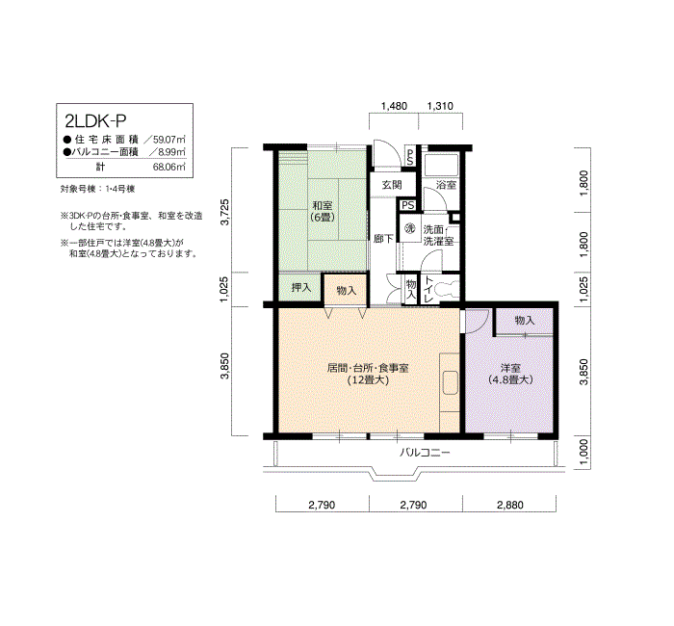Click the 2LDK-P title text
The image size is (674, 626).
pyautogui.click(x=95, y=121)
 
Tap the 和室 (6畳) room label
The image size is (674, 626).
pyautogui.click(x=323, y=212)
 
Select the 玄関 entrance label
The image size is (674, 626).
pyautogui.click(x=392, y=185)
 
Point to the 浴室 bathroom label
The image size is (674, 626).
pyautogui.click(x=446, y=185)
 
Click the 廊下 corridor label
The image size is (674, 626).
pyautogui.click(x=383, y=238)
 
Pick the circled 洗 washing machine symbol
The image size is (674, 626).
pyautogui.click(x=410, y=229)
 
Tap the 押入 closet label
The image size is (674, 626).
pyautogui.click(x=300, y=287)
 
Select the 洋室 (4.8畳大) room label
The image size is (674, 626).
pyautogui.click(x=510, y=374)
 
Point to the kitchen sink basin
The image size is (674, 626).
pyautogui.click(x=450, y=382)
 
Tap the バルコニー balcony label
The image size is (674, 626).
pyautogui.click(x=425, y=453)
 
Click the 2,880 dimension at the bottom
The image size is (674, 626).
pyautogui.click(x=510, y=505)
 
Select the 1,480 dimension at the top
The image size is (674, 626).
pyautogui.click(x=394, y=106)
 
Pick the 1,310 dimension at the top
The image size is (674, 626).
pyautogui.click(x=441, y=106)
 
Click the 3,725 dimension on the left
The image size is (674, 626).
pyautogui.click(x=224, y=212)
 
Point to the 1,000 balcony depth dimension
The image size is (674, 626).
pyautogui.click(x=583, y=452)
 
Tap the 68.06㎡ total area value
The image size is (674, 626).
pyautogui.click(x=169, y=167)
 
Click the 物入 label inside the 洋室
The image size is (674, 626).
pyautogui.click(x=525, y=321)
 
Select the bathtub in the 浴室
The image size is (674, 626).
pyautogui.click(x=441, y=165)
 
